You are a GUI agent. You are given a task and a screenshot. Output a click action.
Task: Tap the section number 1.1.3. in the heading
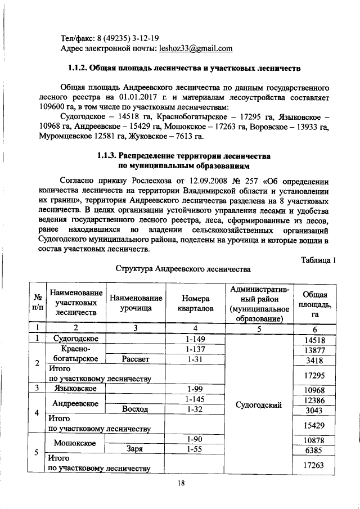point(112,155)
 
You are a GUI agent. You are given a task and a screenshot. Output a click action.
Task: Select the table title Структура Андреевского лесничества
point(182,269)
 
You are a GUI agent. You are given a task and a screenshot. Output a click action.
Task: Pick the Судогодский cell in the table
point(258,404)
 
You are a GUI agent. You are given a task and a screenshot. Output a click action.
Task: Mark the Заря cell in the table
point(136,448)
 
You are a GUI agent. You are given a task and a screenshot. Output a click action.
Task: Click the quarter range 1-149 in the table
point(193,339)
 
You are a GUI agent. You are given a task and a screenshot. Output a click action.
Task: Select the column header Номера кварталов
point(193,304)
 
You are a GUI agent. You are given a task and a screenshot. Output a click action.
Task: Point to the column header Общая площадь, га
point(315,304)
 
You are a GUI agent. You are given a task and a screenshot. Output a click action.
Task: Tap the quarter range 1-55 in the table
point(193,448)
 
